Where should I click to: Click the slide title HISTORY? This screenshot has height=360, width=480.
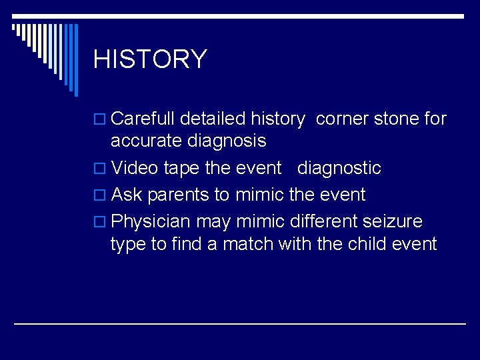tap(150, 59)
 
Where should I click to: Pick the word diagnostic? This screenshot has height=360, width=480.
tap(339, 169)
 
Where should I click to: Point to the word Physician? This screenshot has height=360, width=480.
tap(151, 221)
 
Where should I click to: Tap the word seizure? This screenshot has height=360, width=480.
tap(391, 221)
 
